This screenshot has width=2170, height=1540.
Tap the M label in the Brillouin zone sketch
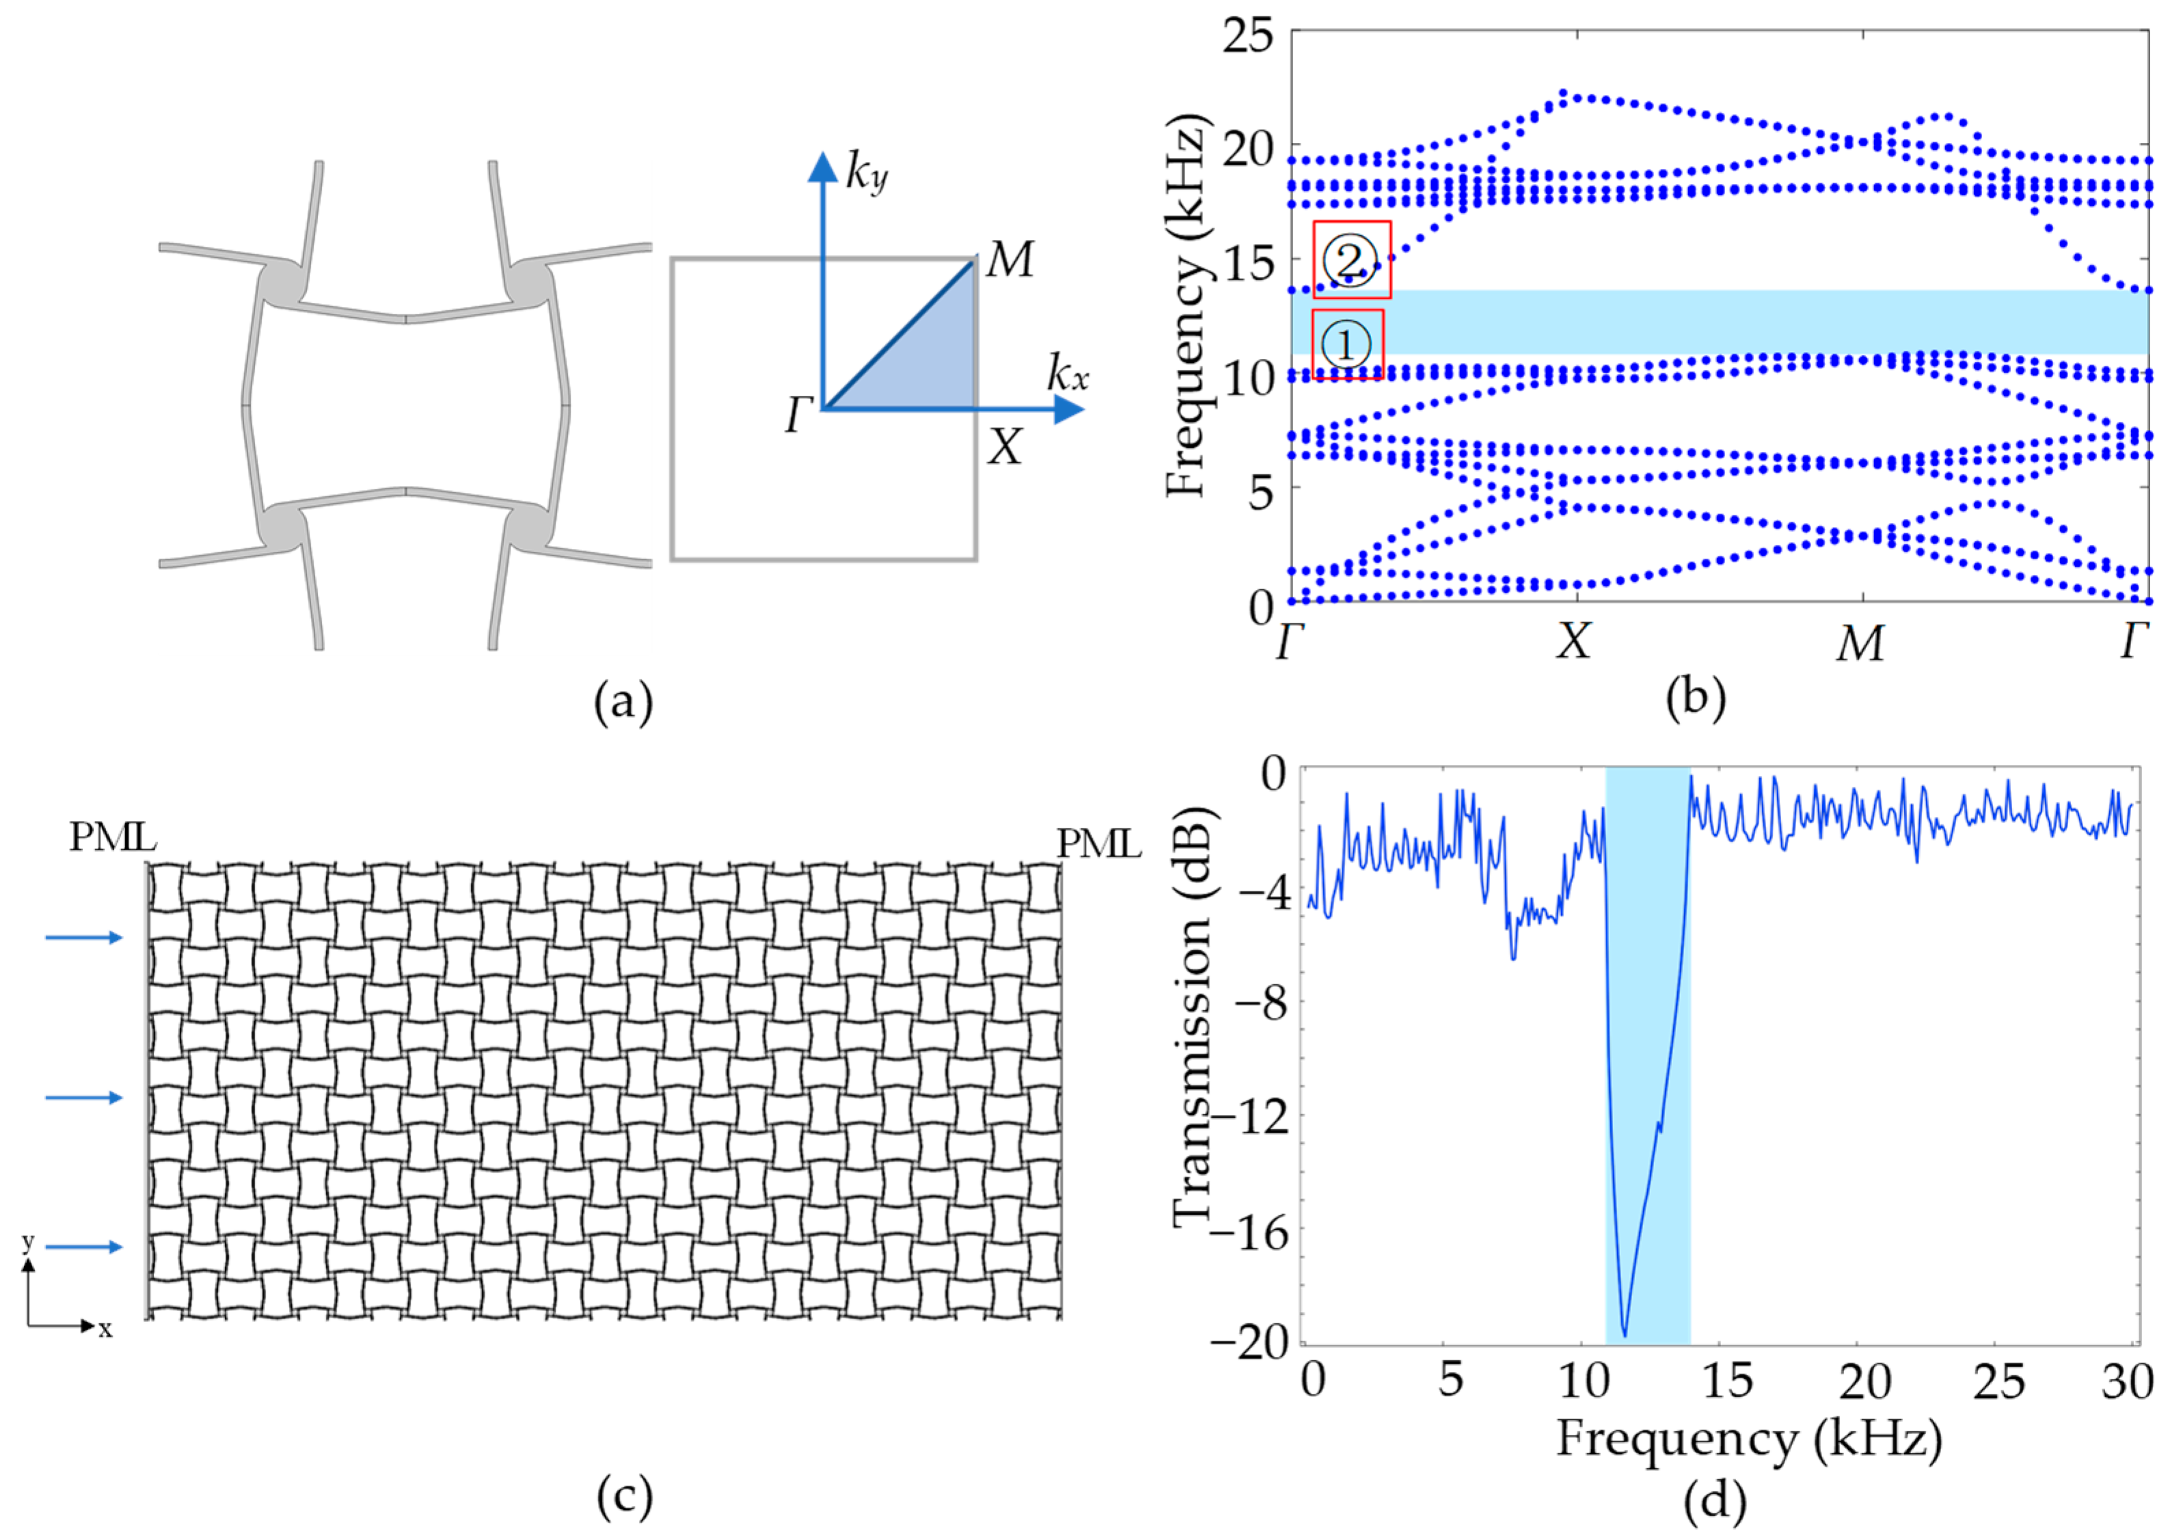[1009, 259]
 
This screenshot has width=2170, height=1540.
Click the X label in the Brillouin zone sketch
[1005, 446]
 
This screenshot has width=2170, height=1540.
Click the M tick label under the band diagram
[1860, 644]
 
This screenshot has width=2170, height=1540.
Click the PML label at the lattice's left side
[113, 837]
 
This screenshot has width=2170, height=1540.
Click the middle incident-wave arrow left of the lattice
[84, 1097]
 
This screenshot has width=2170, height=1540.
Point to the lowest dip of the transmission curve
[1625, 1334]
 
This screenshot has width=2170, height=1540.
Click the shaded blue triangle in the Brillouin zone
[934, 365]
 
